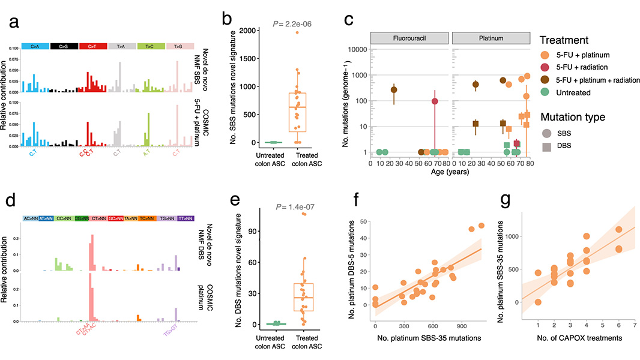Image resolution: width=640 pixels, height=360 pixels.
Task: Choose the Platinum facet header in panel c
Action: (491, 38)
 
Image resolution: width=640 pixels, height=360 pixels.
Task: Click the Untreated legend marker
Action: (547, 92)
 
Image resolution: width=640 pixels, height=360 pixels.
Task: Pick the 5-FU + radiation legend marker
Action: (547, 67)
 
